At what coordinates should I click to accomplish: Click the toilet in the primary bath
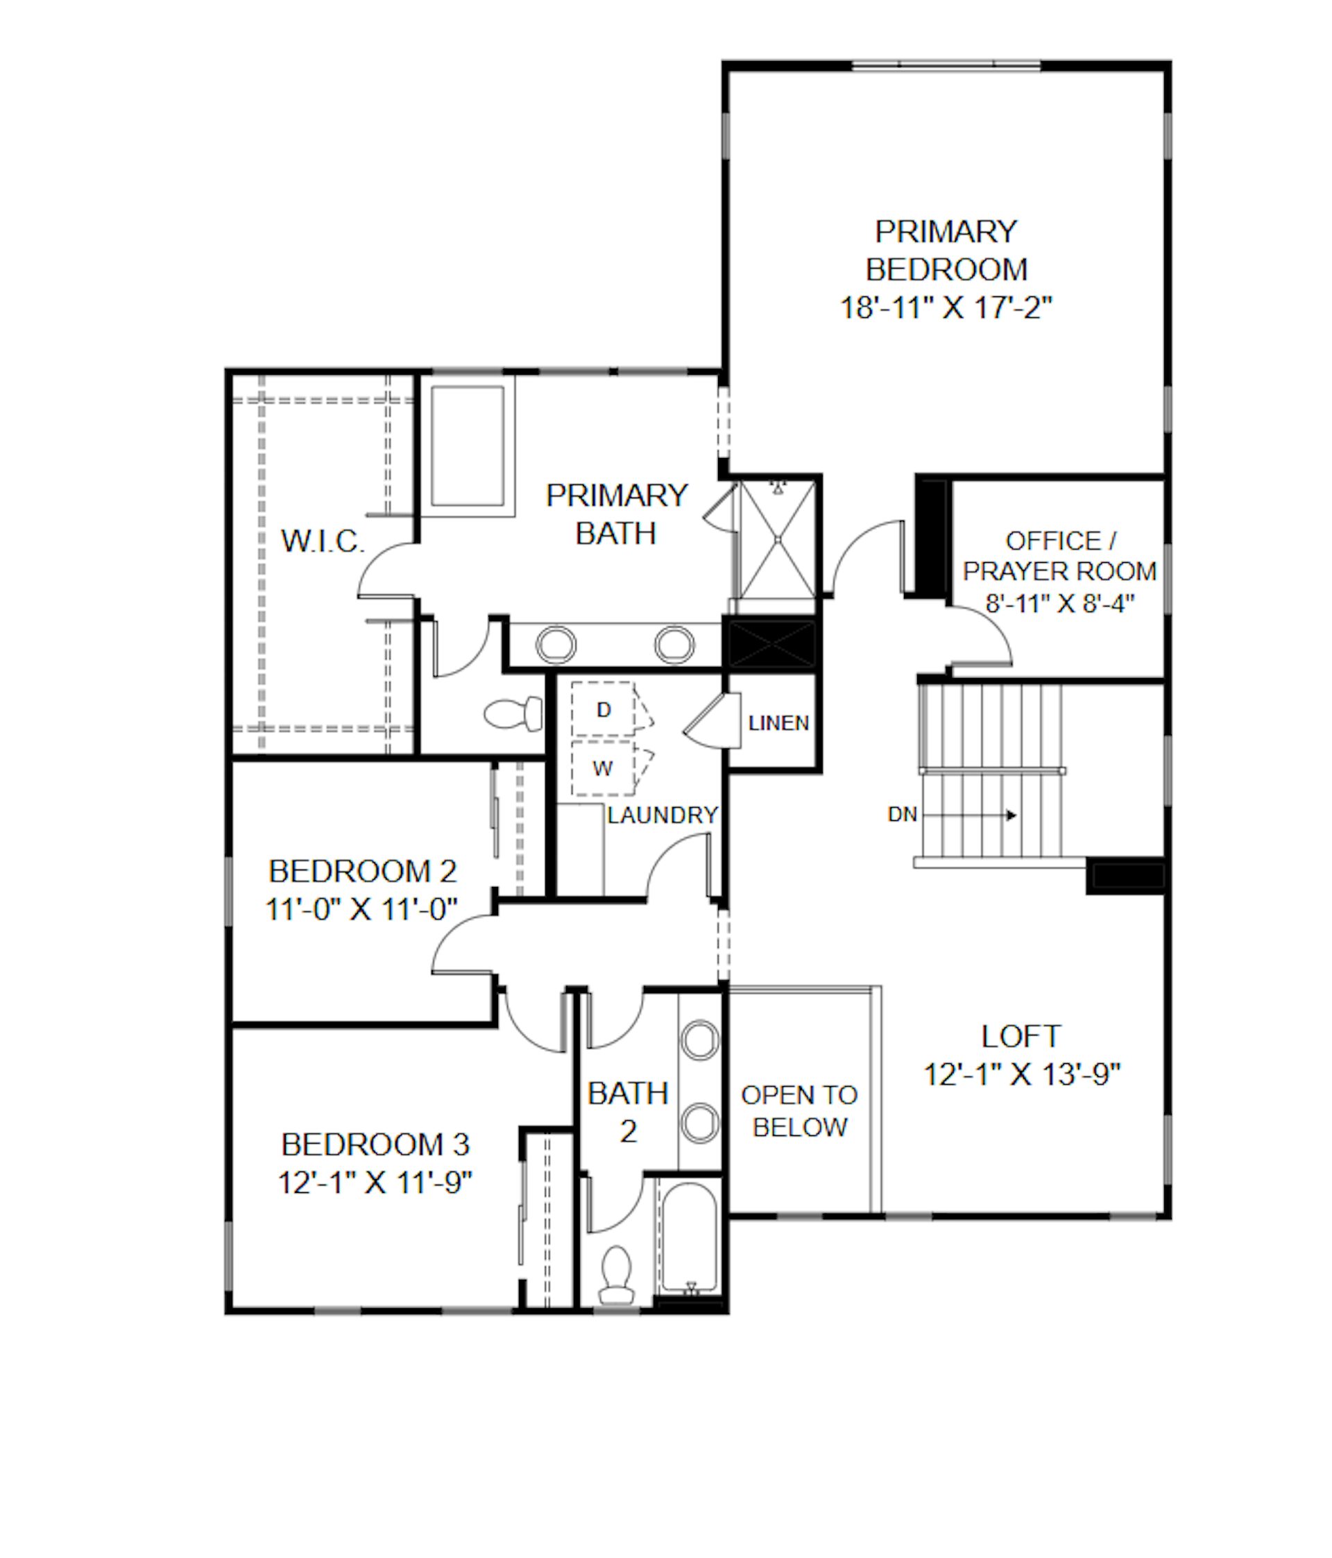(x=513, y=713)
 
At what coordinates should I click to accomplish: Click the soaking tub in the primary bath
(x=467, y=447)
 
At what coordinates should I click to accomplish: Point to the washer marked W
(x=603, y=768)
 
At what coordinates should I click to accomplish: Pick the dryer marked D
(x=603, y=709)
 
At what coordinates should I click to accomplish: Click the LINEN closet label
(x=779, y=722)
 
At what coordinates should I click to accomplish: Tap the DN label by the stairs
(x=902, y=814)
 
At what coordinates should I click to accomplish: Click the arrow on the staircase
(x=971, y=815)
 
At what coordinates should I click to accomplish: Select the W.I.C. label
(x=323, y=541)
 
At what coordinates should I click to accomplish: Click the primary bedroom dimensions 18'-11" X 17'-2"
(x=946, y=307)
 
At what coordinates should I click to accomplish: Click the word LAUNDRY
(x=663, y=815)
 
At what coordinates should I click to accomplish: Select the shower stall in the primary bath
(x=778, y=539)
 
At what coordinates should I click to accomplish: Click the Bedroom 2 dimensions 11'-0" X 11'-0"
(x=361, y=909)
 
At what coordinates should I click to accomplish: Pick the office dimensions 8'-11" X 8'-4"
(x=1060, y=603)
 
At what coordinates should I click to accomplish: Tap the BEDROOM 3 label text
(x=375, y=1144)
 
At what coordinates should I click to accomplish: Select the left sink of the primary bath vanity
(x=556, y=645)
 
